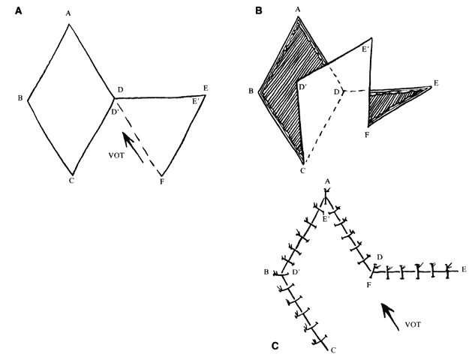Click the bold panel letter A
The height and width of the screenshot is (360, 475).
click(19, 11)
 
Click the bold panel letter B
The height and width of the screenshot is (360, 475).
click(259, 10)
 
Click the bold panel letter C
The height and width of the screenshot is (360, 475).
click(275, 346)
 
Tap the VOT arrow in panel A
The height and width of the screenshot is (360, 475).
click(133, 148)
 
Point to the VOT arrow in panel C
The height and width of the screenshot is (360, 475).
click(390, 316)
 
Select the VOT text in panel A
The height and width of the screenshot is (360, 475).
click(116, 156)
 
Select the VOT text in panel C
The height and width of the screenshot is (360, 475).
click(413, 325)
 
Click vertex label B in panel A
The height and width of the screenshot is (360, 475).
click(20, 97)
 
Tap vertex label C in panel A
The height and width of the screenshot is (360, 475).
click(71, 181)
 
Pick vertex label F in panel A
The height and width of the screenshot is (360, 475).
click(162, 182)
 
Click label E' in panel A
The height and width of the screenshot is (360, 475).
click(196, 101)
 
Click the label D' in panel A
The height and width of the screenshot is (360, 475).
click(115, 112)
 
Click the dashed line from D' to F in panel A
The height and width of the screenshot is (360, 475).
click(138, 139)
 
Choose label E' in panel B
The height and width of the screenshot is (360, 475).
click(365, 49)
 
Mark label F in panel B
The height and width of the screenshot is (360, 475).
click(367, 134)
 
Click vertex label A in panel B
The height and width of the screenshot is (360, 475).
click(298, 10)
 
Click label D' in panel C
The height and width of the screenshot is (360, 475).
click(296, 272)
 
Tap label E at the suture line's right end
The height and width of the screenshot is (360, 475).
click(464, 269)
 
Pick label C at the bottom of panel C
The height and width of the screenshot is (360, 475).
click(333, 350)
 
